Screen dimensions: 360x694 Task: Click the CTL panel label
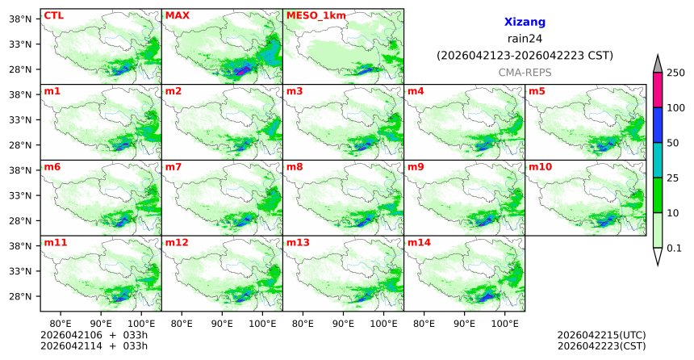[53, 15]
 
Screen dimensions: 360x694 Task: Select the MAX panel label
[176, 15]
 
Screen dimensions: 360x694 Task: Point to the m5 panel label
[537, 90]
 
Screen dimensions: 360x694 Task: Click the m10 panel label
[540, 166]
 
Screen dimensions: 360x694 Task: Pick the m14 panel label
[419, 241]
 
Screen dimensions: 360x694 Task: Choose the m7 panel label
[173, 166]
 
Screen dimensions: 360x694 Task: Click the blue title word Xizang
[525, 23]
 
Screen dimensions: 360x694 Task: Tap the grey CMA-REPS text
[525, 73]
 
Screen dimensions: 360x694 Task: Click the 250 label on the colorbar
[676, 73]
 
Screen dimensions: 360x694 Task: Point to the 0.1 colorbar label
[675, 248]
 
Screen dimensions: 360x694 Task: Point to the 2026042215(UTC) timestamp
[601, 335]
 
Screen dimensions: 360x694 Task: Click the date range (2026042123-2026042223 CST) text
[525, 56]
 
